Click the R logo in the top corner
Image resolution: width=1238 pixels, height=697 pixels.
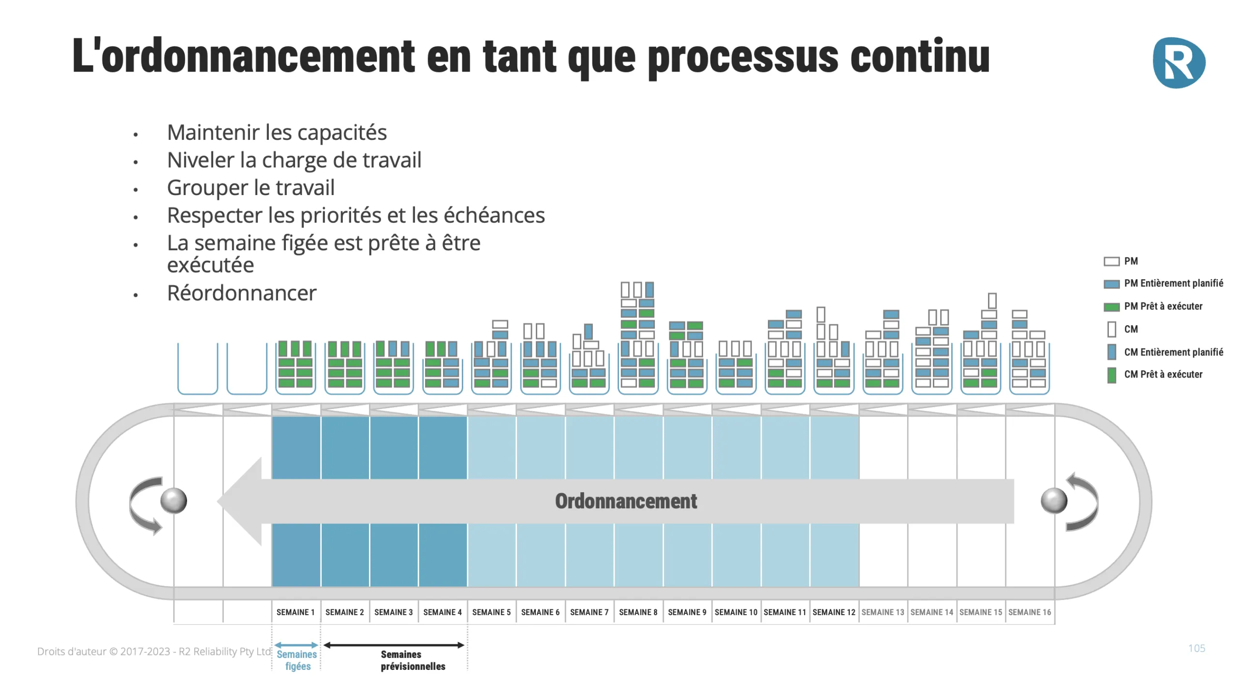1179,63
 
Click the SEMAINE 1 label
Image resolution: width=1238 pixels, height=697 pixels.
295,612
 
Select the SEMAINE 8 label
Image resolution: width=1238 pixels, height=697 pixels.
638,612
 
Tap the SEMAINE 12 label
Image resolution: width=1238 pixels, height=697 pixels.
834,612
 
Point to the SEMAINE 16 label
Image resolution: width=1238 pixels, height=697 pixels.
1030,612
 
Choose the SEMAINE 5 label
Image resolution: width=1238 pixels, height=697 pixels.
491,612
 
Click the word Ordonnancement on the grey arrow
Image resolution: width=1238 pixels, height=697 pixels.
626,501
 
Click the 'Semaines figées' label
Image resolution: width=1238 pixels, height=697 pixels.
297,660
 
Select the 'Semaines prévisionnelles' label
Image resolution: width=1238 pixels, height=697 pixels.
413,660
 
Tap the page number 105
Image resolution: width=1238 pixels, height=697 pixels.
1196,649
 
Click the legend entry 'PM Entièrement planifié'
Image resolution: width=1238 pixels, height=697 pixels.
1173,283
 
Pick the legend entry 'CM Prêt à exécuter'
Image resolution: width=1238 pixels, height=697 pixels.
1163,374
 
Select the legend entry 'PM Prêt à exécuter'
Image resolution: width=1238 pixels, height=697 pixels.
1163,306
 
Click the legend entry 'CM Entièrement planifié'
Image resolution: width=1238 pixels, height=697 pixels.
1173,352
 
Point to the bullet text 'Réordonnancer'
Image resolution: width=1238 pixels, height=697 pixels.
241,293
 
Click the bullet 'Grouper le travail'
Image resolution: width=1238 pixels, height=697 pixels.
251,188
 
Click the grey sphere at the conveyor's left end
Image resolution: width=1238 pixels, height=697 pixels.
174,500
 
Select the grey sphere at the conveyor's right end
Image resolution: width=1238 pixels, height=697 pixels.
1054,500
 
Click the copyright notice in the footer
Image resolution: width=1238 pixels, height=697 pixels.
154,652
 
